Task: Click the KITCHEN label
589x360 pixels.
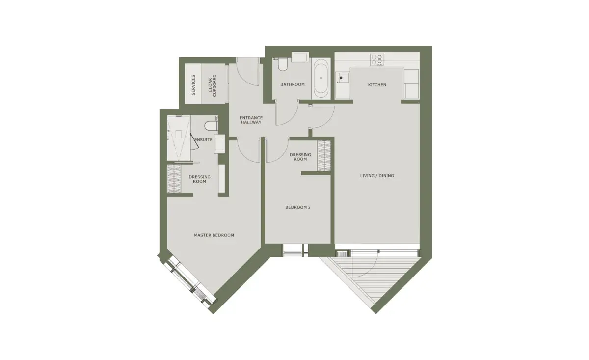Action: pyautogui.click(x=377, y=85)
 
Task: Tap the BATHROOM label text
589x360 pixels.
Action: pyautogui.click(x=293, y=84)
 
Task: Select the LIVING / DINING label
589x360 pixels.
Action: pyautogui.click(x=377, y=176)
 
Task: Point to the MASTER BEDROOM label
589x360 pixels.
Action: pyautogui.click(x=214, y=235)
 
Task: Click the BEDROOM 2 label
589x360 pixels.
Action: pyautogui.click(x=297, y=207)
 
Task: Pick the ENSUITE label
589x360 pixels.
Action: pyautogui.click(x=203, y=140)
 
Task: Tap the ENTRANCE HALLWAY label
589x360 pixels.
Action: pyautogui.click(x=251, y=120)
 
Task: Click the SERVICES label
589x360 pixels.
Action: pyautogui.click(x=193, y=85)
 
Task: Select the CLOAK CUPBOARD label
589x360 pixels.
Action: pyautogui.click(x=212, y=85)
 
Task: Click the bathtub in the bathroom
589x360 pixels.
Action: pyautogui.click(x=321, y=79)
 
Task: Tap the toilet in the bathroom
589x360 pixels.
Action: pyautogui.click(x=282, y=64)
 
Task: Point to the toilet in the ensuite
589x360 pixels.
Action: pyautogui.click(x=211, y=126)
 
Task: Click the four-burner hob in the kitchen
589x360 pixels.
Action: pyautogui.click(x=377, y=60)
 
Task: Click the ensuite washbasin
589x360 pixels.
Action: pyautogui.click(x=219, y=144)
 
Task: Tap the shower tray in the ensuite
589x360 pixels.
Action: pyautogui.click(x=179, y=138)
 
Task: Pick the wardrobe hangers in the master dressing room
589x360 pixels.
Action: pyautogui.click(x=174, y=179)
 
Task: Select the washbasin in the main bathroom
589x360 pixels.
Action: pyautogui.click(x=300, y=57)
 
